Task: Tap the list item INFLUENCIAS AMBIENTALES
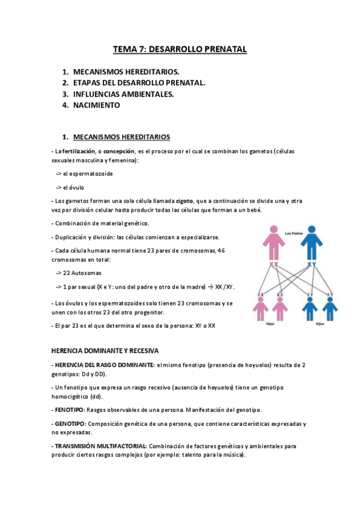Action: (x=124, y=94)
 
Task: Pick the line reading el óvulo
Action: (x=73, y=187)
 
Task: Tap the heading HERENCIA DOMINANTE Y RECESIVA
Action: (x=105, y=350)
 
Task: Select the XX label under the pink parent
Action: (x=273, y=265)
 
